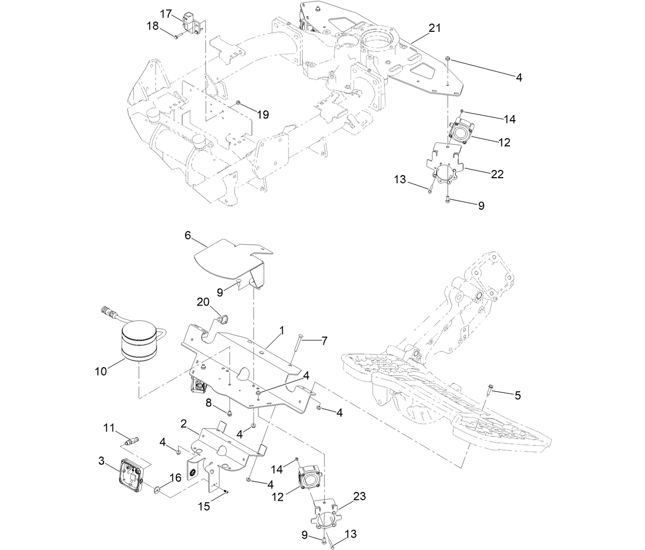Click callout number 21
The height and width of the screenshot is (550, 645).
pos(435,28)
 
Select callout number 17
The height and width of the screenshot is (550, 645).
pos(165,14)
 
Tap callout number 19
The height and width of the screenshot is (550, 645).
pos(263,115)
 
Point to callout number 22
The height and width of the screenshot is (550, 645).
pos(497,175)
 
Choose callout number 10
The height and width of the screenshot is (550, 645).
pos(101,370)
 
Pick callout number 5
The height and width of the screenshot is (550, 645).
pos(517,395)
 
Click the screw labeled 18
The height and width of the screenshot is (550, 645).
pos(176,36)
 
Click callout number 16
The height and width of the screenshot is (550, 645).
pos(175,478)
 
